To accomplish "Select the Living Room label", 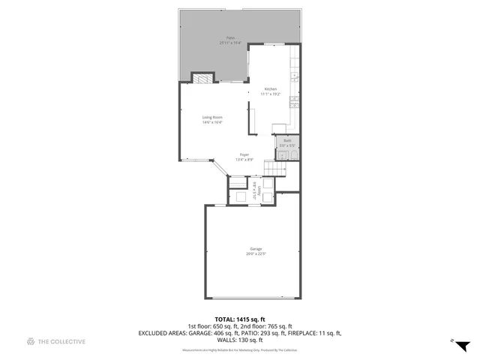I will [212, 117].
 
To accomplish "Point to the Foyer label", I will [244, 155].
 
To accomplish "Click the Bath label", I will [286, 140].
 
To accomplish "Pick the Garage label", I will [256, 249].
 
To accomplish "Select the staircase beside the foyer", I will [277, 170].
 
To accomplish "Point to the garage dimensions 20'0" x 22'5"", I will [256, 254].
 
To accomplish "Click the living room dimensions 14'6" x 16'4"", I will [212, 122].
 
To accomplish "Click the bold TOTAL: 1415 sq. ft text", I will [240, 319].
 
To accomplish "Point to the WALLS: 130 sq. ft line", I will [240, 339].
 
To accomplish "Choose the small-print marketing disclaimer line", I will [240, 350].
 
